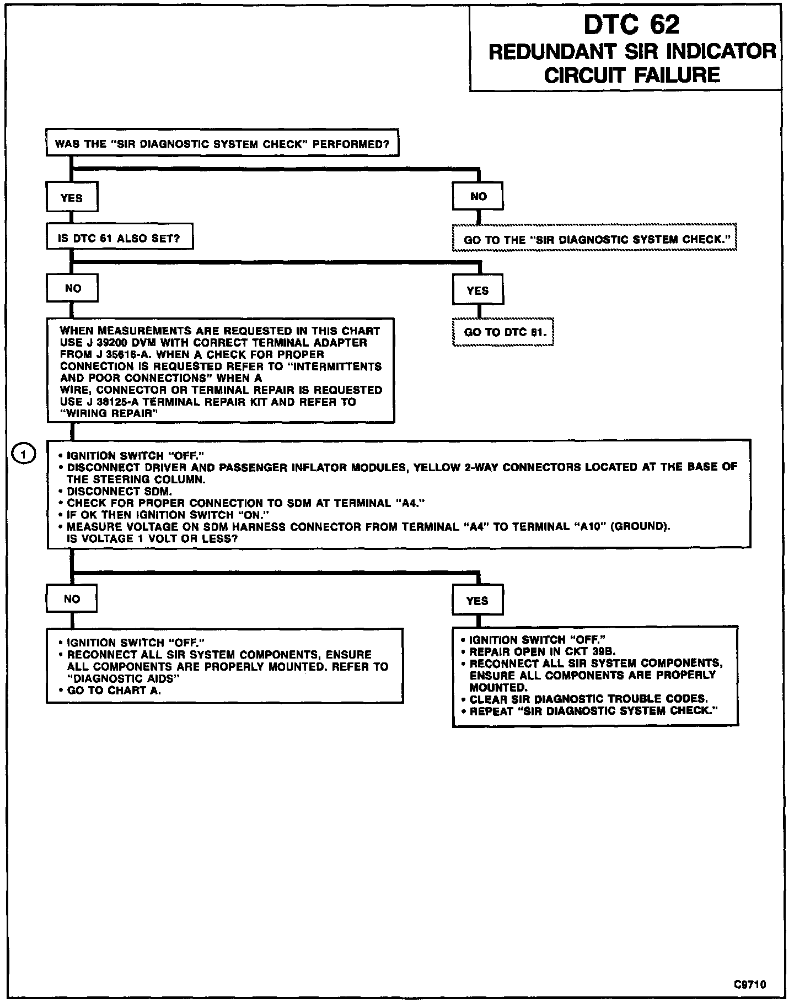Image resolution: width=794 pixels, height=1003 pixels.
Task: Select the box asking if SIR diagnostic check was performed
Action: tap(222, 145)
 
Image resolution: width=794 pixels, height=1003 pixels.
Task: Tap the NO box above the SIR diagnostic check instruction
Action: tap(478, 196)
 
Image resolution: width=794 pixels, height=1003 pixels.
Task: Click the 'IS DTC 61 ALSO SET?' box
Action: tap(120, 239)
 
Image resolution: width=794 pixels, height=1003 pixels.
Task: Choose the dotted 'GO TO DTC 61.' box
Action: tap(503, 332)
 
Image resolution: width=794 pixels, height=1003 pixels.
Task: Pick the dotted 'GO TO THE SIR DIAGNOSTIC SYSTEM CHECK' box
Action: tap(594, 240)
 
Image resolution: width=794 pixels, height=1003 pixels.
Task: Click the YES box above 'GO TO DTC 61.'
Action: tap(478, 290)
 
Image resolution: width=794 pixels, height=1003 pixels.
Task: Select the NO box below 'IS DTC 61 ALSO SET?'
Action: tap(72, 288)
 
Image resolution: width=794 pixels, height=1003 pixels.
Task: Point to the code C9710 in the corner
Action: tap(750, 984)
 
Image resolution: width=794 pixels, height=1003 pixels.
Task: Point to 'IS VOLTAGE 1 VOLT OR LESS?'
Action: tap(152, 538)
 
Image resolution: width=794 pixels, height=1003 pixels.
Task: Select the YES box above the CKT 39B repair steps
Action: tap(478, 601)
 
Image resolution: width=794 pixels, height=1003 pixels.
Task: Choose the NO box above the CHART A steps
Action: tap(72, 598)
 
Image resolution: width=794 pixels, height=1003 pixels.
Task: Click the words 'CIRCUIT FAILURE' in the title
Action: tap(632, 75)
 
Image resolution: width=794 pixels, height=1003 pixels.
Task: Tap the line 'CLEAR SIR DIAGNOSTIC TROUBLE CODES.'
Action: tap(588, 699)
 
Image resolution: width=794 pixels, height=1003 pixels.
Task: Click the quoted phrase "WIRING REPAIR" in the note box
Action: tap(109, 413)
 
